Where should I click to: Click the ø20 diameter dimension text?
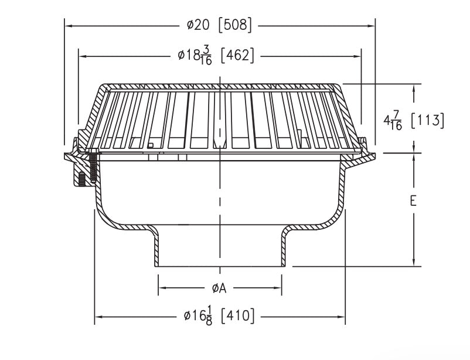[198, 25]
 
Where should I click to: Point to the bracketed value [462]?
[237, 56]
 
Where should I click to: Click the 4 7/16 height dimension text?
[393, 120]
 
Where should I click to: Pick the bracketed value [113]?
[427, 120]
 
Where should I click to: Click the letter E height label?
[413, 201]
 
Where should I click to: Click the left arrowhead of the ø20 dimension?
[67, 26]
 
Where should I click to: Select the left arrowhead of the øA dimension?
[161, 288]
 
